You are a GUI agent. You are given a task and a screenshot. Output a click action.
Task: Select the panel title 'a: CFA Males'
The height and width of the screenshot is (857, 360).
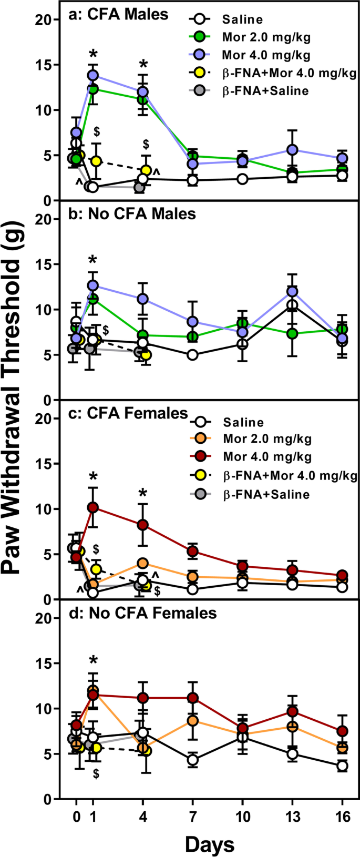[x=119, y=14]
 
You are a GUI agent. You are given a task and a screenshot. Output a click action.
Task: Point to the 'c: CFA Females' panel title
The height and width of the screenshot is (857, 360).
[x=128, y=414]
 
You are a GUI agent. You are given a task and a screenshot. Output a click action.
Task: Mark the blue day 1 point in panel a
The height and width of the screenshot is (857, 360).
[x=93, y=75]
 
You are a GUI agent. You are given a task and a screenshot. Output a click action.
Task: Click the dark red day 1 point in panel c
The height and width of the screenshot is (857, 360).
[x=93, y=507]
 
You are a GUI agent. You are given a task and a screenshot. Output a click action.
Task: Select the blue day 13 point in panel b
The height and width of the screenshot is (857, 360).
[x=292, y=291]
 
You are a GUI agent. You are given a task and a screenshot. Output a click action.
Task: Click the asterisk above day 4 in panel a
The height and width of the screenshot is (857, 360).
[x=143, y=66]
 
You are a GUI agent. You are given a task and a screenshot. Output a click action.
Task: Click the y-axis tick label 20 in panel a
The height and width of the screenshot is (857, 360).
[x=47, y=20]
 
